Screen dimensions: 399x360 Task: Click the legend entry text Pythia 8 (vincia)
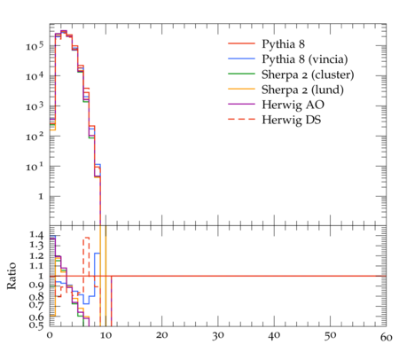pos(305,59)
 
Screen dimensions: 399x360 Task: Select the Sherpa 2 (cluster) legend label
pos(308,74)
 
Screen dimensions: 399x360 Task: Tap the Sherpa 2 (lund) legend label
pos(302,90)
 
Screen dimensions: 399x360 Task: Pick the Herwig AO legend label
pos(293,105)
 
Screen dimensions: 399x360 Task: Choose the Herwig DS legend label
pos(292,120)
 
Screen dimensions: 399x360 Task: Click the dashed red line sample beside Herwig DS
pos(241,120)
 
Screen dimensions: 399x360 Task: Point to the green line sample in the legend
pos(241,74)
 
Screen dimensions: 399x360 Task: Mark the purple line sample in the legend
pos(241,105)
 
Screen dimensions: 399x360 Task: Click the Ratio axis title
pos(12,276)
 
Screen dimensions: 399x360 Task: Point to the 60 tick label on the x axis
pos(386,337)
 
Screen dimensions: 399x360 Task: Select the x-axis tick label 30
pos(218,336)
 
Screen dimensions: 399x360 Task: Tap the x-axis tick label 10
pos(106,336)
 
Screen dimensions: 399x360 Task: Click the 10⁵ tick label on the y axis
pos(35,46)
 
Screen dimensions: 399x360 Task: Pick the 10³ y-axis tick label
pos(35,106)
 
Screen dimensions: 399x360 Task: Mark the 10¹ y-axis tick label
pos(35,167)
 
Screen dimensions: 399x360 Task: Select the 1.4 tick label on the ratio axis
pos(36,235)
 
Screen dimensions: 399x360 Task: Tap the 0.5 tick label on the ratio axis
pos(36,325)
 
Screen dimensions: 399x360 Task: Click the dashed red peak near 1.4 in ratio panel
pos(86,238)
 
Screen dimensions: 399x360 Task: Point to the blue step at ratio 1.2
pos(98,253)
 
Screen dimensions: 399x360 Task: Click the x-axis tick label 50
pos(330,336)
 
